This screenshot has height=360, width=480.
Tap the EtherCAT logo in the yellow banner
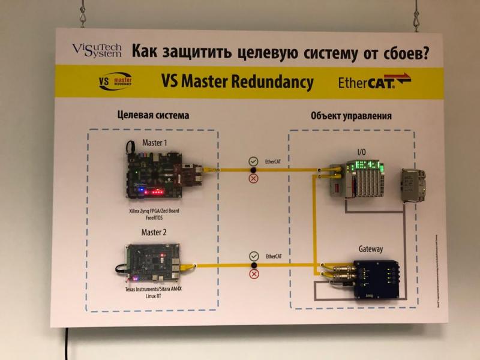tap(374, 81)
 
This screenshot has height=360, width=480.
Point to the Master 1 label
tap(154, 142)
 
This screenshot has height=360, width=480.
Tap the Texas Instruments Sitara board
tap(154, 262)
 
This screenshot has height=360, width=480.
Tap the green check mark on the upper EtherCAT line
tap(253, 161)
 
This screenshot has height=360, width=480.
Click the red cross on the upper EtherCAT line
tap(253, 179)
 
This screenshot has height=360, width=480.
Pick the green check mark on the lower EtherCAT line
tap(253, 256)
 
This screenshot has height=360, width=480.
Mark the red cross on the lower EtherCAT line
tap(253, 274)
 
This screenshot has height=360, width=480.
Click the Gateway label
tap(370, 248)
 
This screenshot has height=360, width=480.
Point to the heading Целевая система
tap(153, 115)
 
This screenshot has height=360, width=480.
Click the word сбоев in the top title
tap(406, 52)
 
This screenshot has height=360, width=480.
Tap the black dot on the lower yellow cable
tap(253, 265)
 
